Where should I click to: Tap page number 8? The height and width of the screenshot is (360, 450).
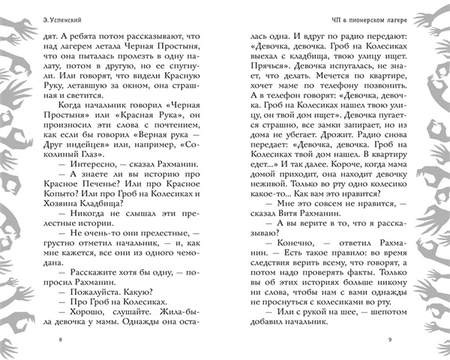[x=60, y=340]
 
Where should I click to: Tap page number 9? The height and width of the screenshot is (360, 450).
[x=390, y=340]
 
